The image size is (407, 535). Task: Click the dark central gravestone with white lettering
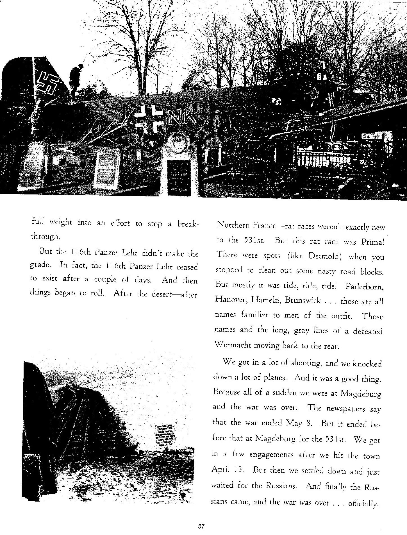pos(179,178)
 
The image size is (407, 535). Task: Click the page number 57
pos(201,526)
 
